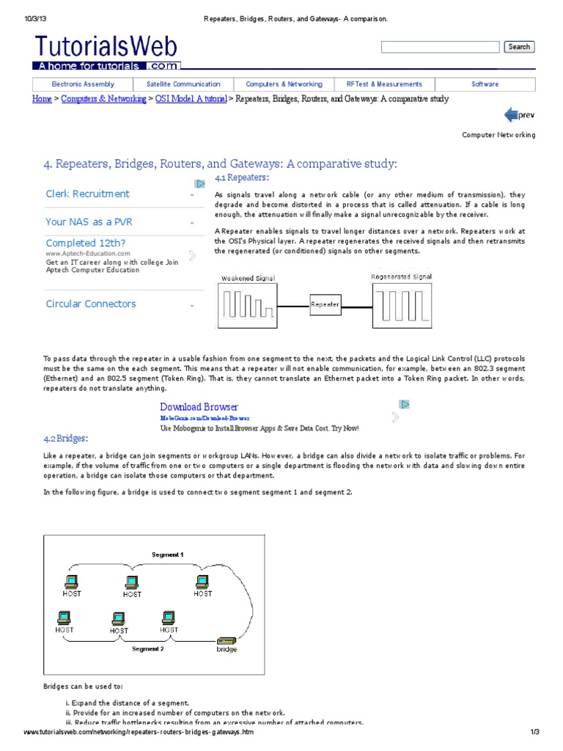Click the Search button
(519, 47)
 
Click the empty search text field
(440, 47)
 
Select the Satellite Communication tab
(183, 84)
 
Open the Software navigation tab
(485, 84)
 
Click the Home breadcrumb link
(42, 99)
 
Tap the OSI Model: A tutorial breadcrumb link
(191, 99)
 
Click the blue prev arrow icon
(512, 114)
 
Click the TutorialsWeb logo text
(106, 48)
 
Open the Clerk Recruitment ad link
(87, 194)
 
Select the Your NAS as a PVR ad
(89, 221)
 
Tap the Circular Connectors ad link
(91, 304)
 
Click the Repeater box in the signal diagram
(325, 304)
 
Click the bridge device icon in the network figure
(226, 640)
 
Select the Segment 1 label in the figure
(167, 554)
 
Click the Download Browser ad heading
(199, 407)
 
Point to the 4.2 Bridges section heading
(65, 439)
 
